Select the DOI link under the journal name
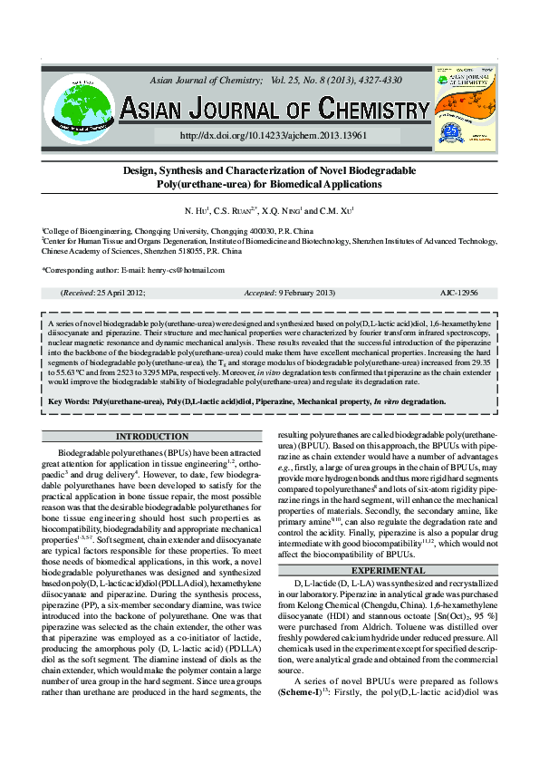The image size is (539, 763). [259, 135]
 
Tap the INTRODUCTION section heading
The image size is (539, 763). [147, 437]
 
